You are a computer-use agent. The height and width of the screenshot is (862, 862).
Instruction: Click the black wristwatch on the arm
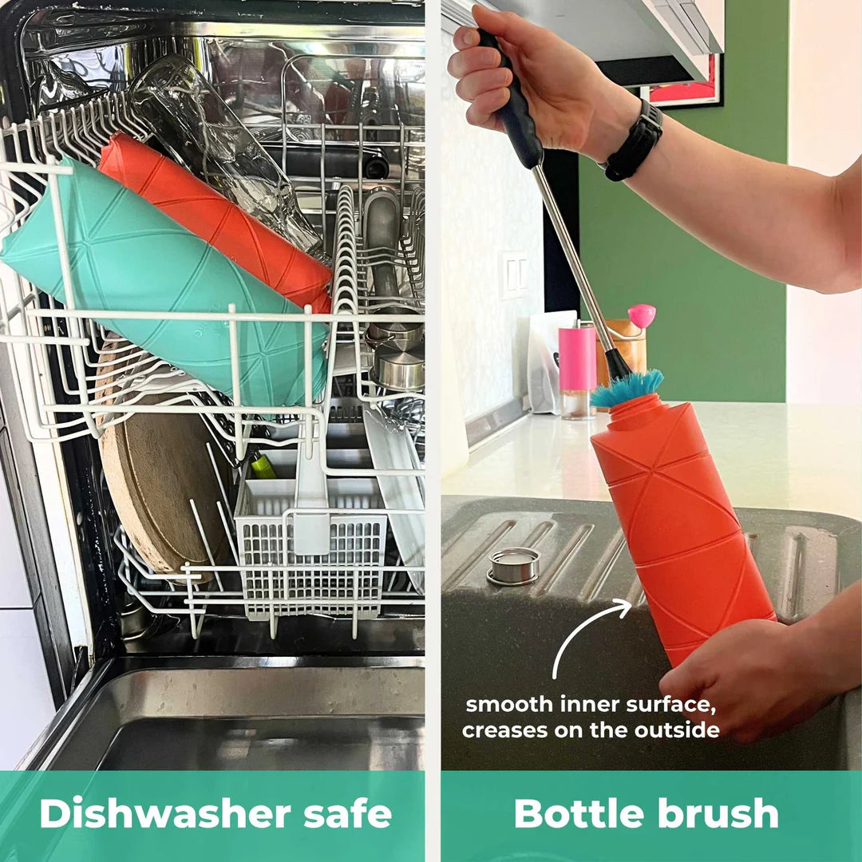(x=635, y=140)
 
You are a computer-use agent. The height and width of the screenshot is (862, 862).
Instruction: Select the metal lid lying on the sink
(x=513, y=566)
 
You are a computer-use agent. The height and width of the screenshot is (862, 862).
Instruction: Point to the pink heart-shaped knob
(x=642, y=315)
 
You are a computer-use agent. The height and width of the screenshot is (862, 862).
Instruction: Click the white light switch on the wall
(x=513, y=275)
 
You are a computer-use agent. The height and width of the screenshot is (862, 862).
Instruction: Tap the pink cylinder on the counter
(x=577, y=358)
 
